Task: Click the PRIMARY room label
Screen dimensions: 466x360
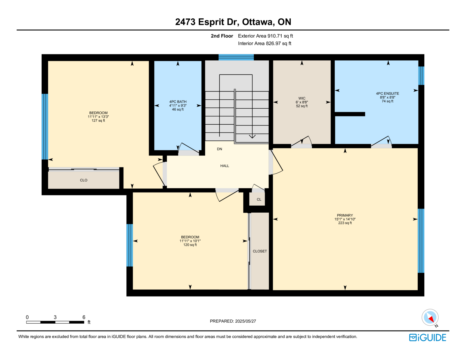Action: (345, 215)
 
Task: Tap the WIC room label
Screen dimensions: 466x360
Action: (302, 98)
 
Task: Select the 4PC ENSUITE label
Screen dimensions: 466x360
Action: (387, 93)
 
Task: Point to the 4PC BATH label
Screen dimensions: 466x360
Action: (178, 102)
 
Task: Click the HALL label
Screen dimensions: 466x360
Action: (225, 166)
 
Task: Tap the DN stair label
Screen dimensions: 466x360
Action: (219, 149)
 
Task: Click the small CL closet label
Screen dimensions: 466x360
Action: (259, 200)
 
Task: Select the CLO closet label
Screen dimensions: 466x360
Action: (83, 180)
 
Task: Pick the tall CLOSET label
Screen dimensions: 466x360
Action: (260, 251)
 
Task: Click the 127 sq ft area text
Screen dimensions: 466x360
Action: (98, 121)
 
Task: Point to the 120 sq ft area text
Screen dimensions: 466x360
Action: (190, 245)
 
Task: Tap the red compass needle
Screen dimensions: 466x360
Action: (431, 319)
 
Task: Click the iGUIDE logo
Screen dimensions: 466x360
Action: (427, 338)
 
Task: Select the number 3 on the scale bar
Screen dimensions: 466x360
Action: (55, 317)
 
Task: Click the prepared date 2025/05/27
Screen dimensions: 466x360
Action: (245, 321)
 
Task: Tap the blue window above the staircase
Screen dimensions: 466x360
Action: (236, 57)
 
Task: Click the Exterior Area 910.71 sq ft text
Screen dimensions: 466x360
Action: (265, 36)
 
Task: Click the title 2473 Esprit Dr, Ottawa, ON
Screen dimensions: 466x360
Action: (233, 22)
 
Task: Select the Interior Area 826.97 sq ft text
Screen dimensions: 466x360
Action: (264, 43)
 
